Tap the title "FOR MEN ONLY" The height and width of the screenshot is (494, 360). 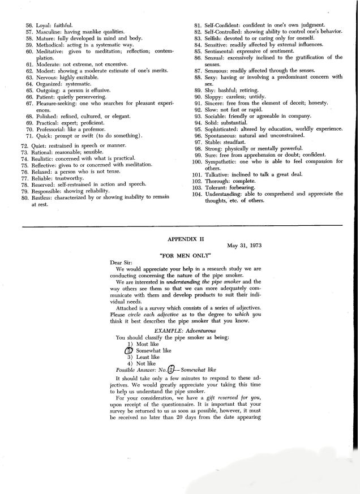point(181,255)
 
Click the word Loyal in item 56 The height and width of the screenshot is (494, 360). point(43,25)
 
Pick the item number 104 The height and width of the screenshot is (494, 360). point(196,194)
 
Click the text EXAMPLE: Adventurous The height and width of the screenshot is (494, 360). point(181,330)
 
